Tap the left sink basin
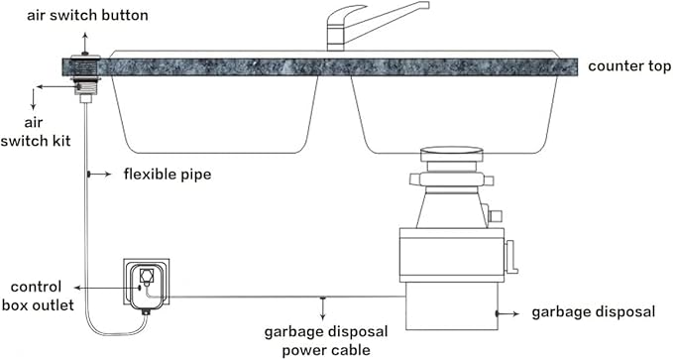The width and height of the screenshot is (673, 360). click(x=213, y=114)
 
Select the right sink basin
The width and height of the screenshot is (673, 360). click(x=451, y=114)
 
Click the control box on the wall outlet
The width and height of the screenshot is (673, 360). click(x=146, y=283)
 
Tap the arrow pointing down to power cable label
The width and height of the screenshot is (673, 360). click(x=322, y=307)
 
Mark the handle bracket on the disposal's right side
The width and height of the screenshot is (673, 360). click(x=511, y=257)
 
